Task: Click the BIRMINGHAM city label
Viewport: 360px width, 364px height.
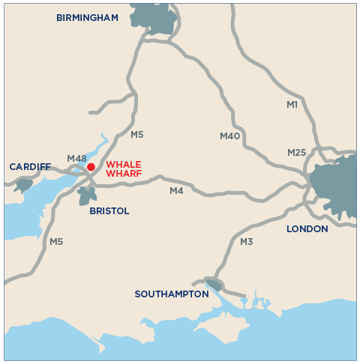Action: tap(87, 18)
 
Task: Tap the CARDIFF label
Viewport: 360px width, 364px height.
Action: tap(30, 166)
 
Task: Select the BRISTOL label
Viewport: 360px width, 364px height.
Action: tap(109, 211)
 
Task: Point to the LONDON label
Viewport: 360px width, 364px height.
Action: tap(307, 228)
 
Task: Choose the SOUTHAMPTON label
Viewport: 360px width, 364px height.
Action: tap(172, 294)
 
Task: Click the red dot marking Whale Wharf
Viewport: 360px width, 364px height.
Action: tap(91, 167)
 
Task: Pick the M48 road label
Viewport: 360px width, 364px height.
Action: tap(76, 158)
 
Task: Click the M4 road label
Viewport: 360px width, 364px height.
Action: tap(176, 191)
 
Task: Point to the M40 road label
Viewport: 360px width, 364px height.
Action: tap(229, 136)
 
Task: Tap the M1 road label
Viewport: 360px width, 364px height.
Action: tap(292, 105)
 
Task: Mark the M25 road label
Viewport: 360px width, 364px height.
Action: tap(297, 153)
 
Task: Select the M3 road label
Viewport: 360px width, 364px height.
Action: tap(247, 242)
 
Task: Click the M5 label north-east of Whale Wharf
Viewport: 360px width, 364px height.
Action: tap(136, 135)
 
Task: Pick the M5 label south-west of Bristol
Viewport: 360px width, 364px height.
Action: tap(56, 242)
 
